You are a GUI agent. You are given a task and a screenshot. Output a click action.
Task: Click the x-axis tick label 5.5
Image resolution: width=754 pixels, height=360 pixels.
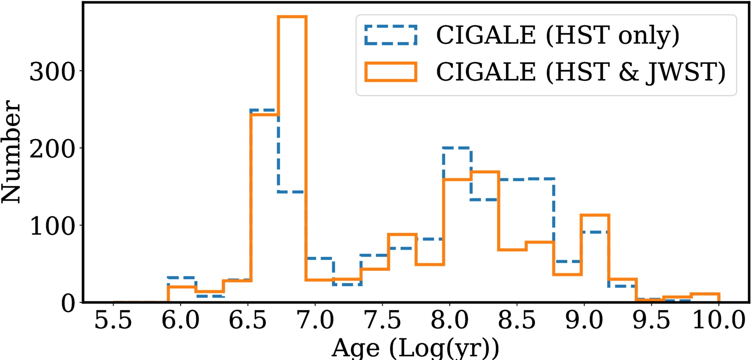point(113,320)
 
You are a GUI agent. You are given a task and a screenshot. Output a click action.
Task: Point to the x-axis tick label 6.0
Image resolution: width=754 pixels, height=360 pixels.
point(180,320)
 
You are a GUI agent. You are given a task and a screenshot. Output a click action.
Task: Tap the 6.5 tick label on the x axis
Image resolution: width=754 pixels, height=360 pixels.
point(248,320)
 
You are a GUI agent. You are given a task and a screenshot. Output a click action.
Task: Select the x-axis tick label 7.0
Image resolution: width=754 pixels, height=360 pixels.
point(315,320)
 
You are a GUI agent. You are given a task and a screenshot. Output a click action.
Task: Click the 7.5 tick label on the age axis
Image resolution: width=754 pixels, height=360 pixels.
point(382,320)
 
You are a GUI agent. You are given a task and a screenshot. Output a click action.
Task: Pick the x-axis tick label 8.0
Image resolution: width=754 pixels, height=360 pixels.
point(450,320)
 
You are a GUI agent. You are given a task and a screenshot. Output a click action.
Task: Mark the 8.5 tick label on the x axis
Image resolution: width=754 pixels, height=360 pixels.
point(517,320)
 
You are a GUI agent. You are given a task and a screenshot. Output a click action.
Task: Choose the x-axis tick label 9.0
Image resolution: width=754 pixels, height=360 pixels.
point(584,320)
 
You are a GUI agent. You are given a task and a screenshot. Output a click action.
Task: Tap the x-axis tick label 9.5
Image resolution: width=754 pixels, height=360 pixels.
point(651,320)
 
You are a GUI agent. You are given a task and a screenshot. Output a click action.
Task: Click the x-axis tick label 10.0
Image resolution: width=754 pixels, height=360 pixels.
point(719,320)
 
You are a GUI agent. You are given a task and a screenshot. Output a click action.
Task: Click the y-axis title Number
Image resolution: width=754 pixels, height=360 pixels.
point(11,151)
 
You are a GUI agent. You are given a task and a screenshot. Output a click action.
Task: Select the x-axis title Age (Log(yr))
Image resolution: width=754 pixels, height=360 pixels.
point(415,348)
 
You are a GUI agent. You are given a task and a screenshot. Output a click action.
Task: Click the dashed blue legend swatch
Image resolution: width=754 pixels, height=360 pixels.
point(391,35)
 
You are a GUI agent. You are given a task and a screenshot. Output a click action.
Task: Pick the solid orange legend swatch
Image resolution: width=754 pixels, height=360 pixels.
point(391,71)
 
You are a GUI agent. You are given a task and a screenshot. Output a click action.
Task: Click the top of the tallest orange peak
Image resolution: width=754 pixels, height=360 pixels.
point(292,17)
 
